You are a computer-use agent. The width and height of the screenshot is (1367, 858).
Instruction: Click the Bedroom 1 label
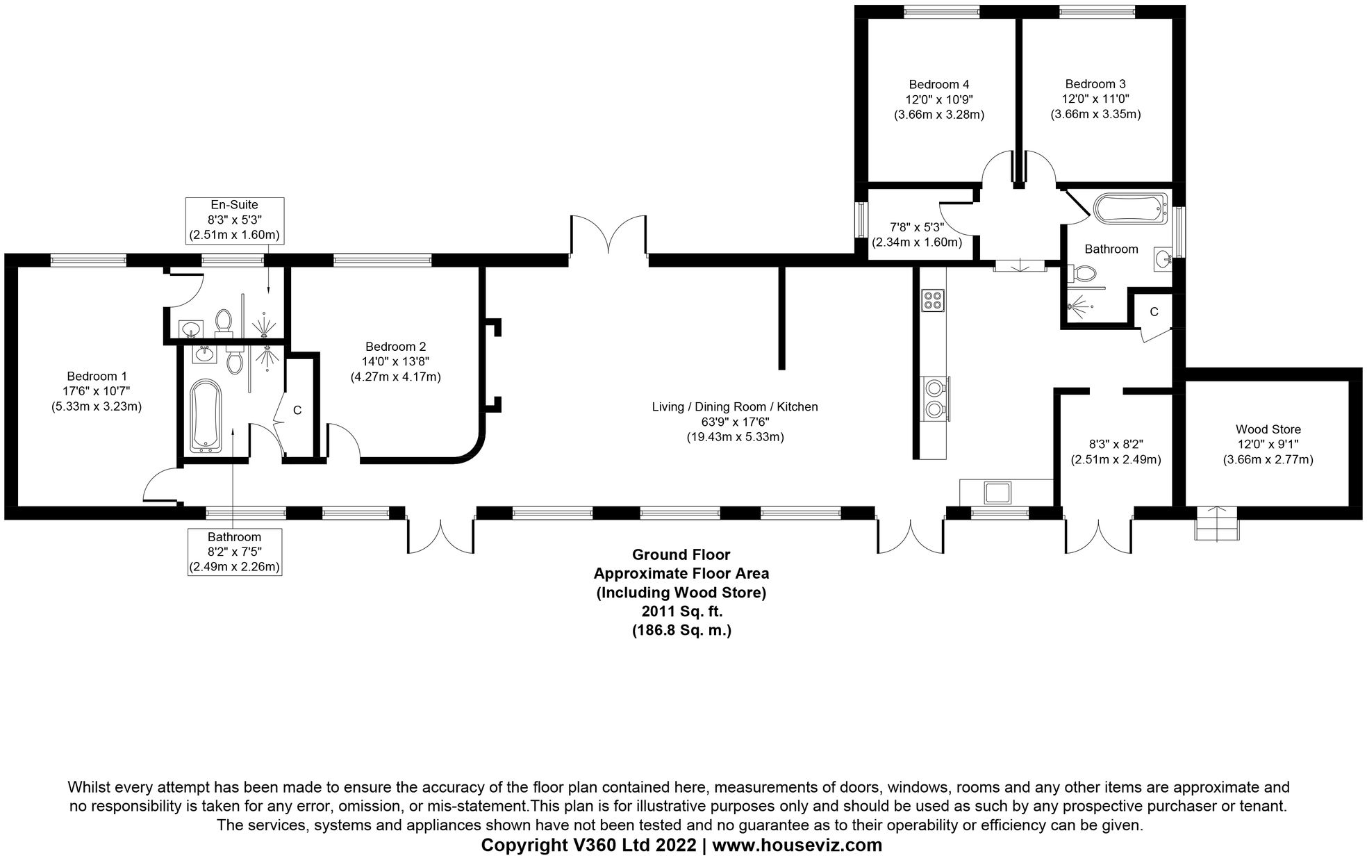coord(97,377)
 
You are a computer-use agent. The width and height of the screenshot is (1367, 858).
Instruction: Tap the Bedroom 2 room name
coord(395,347)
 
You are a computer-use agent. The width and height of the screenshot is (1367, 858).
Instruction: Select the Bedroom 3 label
coord(1095,84)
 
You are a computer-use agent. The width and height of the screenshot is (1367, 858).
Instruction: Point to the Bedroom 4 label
coord(938,84)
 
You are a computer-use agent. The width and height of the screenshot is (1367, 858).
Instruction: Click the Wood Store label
coord(1268,429)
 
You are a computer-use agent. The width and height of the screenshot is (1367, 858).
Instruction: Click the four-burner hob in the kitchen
coord(933,300)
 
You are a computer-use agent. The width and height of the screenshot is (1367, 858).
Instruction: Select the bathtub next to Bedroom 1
coord(206,415)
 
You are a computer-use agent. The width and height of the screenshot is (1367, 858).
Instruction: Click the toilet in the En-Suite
coord(224,322)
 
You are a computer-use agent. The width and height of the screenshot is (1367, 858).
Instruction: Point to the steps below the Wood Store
coord(1216,523)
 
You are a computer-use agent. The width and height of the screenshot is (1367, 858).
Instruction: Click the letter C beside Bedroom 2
coord(297,411)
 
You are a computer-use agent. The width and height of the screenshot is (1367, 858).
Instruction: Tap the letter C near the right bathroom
coord(1154,312)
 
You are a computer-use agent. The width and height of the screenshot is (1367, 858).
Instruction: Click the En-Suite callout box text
coord(235,220)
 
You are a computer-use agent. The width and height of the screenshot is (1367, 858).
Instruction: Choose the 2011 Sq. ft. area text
coord(681,612)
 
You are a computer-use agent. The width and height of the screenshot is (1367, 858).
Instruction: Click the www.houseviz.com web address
coord(797,845)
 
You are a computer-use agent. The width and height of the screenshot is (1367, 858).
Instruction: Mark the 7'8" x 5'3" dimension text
coord(917,227)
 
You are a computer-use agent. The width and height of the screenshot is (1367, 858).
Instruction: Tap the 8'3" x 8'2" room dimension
coord(1116,445)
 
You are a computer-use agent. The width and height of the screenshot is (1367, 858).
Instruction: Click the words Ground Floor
coord(681,554)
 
